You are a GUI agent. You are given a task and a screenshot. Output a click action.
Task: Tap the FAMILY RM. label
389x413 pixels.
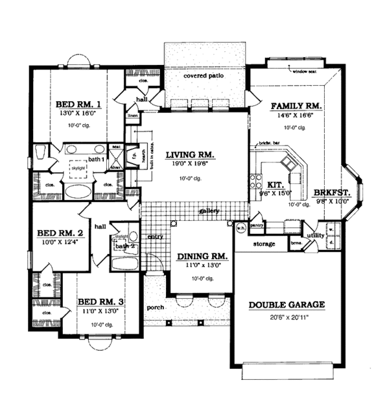click(x=296, y=105)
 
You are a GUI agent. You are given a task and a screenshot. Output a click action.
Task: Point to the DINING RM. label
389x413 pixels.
click(x=202, y=257)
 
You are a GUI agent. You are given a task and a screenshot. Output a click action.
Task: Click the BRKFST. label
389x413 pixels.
click(x=333, y=192)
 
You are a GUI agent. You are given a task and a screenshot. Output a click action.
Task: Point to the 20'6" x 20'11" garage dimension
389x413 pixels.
click(x=287, y=316)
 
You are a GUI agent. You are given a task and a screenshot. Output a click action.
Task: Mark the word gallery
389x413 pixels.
click(x=209, y=211)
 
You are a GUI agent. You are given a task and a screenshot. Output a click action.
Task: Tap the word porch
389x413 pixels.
click(x=156, y=307)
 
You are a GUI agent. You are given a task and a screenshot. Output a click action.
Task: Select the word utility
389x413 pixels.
click(x=316, y=236)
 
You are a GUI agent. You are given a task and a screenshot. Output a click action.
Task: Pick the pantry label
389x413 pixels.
click(x=257, y=226)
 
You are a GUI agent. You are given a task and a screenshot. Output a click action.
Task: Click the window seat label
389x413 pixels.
click(x=304, y=71)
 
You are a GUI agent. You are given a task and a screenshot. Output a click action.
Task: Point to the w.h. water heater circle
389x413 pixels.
click(x=239, y=228)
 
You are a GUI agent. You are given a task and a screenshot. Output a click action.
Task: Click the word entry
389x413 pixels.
click(x=154, y=238)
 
